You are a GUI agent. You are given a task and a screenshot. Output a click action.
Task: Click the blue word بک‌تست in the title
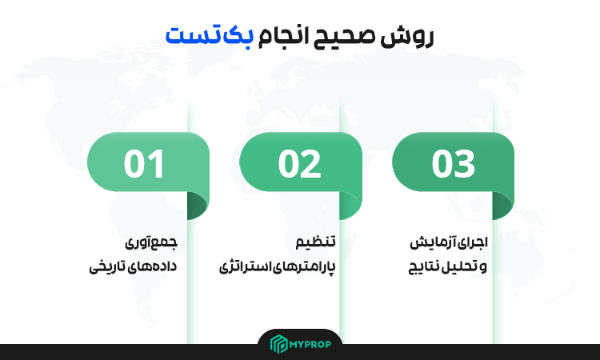210,35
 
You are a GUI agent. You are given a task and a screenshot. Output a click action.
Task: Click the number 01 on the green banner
144,164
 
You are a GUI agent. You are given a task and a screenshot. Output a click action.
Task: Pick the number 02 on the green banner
299,164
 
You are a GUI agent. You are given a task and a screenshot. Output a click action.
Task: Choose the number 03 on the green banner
453,164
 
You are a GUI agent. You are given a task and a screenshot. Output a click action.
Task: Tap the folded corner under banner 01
196,206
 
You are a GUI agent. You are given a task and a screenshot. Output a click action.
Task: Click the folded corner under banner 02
349,206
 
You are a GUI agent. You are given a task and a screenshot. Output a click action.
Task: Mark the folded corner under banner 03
502,206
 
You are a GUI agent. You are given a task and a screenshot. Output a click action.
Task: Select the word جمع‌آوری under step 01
151,242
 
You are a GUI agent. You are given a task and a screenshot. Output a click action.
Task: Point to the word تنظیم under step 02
315,242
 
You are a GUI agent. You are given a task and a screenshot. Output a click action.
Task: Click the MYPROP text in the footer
310,344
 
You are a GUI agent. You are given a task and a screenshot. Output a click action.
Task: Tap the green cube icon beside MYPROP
278,343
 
